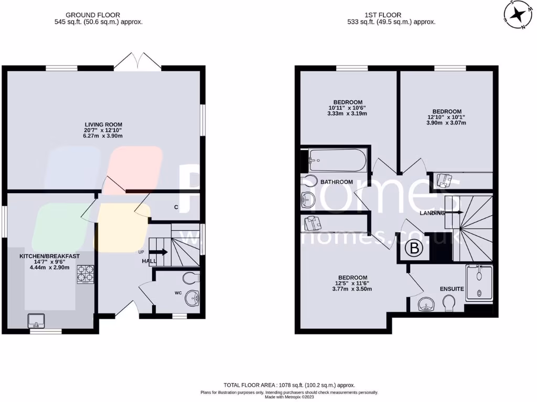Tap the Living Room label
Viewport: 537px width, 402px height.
pyautogui.click(x=103, y=125)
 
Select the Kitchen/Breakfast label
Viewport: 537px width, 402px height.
pyautogui.click(x=49, y=256)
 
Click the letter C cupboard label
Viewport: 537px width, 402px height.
pyautogui.click(x=176, y=207)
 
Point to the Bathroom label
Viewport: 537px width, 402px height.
pyautogui.click(x=337, y=182)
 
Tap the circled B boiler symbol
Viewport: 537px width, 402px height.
pyautogui.click(x=414, y=249)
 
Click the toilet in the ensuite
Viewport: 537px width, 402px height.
pyautogui.click(x=449, y=303)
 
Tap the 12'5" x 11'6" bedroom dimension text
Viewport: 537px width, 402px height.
pyautogui.click(x=352, y=283)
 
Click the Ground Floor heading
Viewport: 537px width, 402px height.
pyautogui.click(x=98, y=15)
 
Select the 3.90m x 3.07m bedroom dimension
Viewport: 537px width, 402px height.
pyautogui.click(x=447, y=123)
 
